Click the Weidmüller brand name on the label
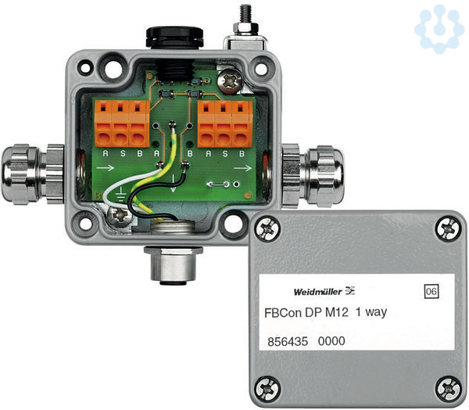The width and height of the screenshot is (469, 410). [x=318, y=291]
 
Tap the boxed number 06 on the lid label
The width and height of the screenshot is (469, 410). [x=431, y=291]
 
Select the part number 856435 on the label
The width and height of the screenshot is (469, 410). [x=288, y=341]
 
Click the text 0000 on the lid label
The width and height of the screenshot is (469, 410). [x=331, y=341]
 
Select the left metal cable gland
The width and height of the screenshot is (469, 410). [x=32, y=174]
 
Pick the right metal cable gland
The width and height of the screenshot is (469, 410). [x=313, y=175]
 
